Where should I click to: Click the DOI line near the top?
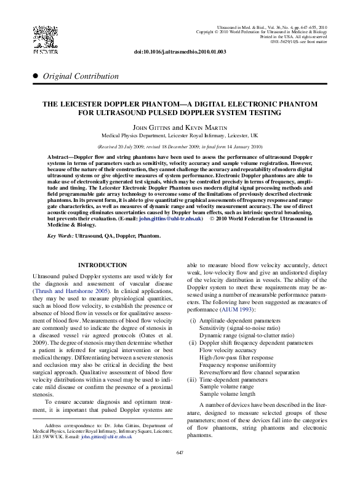pyautogui.click(x=180, y=52)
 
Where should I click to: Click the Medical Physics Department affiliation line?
pyautogui.click(x=180, y=135)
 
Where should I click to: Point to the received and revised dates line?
pyautogui.click(x=180, y=147)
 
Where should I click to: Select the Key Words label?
pyautogui.click(x=60, y=236)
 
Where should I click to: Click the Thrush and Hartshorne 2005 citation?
pyautogui.click(x=68, y=292)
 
